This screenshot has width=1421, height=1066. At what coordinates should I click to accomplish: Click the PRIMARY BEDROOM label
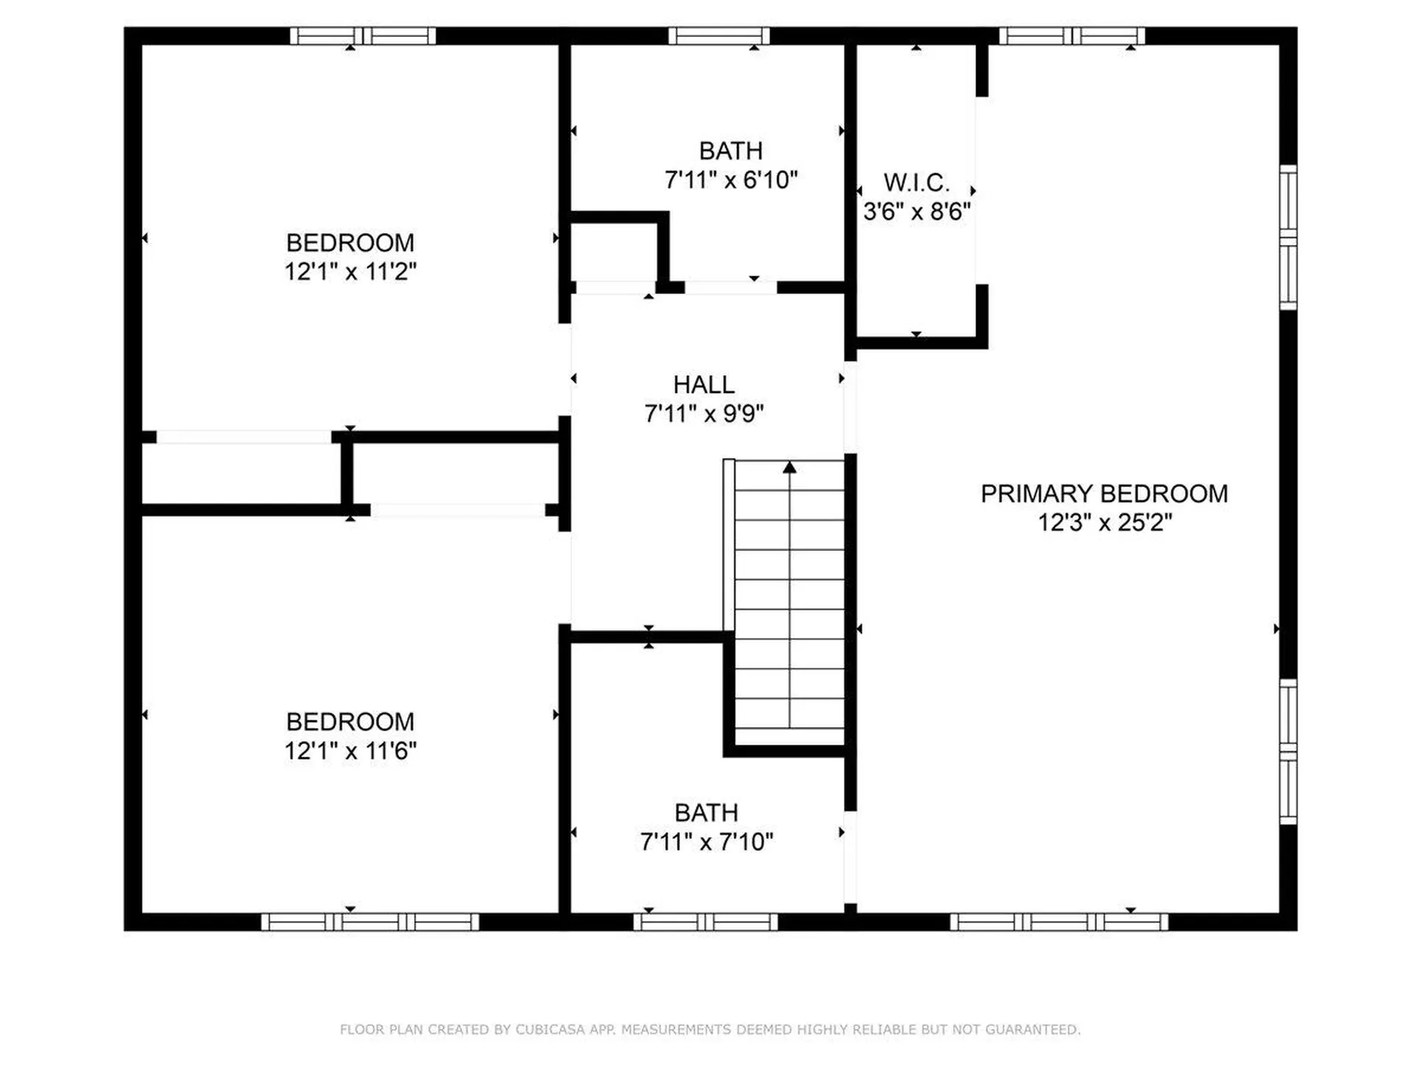tap(1103, 494)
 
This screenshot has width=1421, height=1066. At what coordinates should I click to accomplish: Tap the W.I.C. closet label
tap(916, 182)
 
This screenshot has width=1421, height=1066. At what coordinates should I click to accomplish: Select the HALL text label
tap(703, 385)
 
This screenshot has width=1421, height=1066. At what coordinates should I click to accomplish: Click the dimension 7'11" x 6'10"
tap(730, 180)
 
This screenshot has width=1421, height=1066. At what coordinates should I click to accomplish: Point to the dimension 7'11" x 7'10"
tap(706, 842)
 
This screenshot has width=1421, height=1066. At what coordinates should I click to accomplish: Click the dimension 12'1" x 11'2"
tap(350, 272)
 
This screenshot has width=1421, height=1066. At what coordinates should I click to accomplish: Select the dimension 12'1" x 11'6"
tap(350, 751)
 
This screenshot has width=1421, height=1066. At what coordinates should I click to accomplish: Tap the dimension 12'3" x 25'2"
tap(1104, 523)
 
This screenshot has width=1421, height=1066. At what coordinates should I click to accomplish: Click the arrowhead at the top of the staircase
tap(790, 467)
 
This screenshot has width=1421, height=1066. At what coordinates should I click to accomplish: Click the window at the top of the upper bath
tap(719, 36)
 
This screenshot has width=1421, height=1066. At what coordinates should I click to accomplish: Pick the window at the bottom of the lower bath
tap(705, 922)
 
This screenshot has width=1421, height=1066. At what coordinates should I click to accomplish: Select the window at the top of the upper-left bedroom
tap(362, 36)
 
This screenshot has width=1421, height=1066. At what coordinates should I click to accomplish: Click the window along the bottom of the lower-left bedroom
tap(370, 922)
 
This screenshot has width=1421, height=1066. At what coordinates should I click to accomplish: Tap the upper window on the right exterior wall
tap(1289, 238)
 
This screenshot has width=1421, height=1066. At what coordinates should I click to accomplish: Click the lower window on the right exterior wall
tap(1289, 751)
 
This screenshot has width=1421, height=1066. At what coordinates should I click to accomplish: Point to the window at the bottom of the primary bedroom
tap(1058, 922)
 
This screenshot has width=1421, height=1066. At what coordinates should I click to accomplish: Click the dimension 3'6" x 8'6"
tap(916, 212)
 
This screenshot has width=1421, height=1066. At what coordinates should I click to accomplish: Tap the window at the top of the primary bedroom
tap(1072, 36)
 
